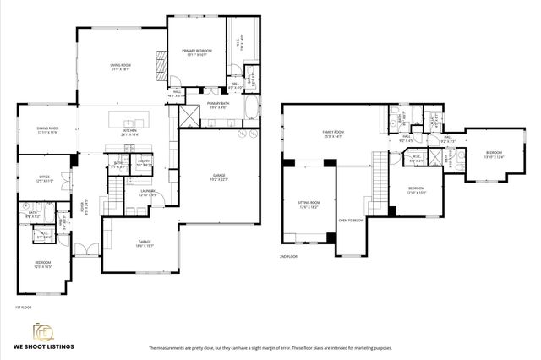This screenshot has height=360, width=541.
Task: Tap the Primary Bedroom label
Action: [196, 52]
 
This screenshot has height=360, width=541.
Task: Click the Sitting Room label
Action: [309, 204]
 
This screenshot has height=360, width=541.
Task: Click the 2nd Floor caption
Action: [288, 255]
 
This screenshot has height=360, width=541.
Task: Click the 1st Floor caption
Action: [22, 307]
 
